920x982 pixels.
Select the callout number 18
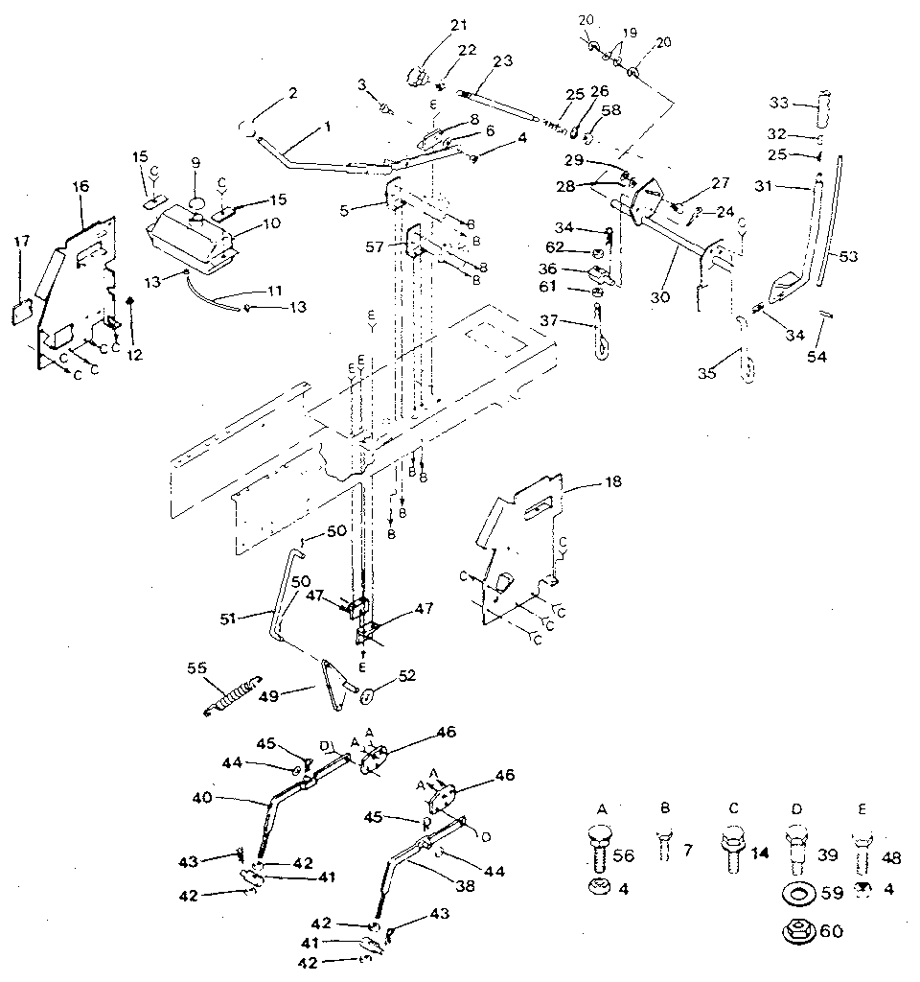[611, 481]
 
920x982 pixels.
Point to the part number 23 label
[501, 59]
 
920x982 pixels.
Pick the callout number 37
[573, 319]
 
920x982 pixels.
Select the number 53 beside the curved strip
[850, 256]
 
